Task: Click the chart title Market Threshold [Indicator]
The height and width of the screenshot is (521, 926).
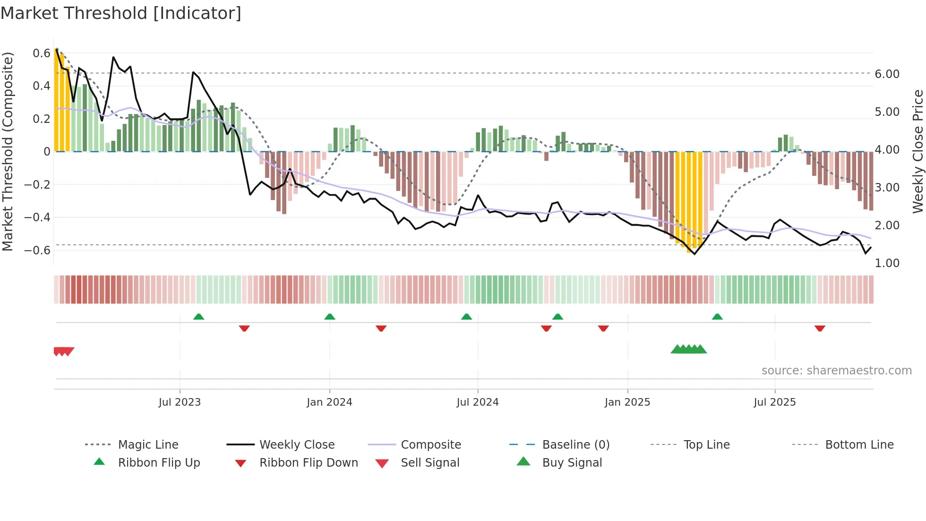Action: pos(121,13)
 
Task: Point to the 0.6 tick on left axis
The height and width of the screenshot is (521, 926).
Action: pos(42,53)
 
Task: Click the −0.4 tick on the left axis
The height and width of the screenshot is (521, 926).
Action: pos(38,217)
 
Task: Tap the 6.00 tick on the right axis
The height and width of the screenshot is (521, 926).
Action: pos(887,74)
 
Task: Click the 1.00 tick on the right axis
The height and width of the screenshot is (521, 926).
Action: pos(887,263)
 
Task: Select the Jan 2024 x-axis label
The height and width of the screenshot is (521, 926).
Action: pos(329,402)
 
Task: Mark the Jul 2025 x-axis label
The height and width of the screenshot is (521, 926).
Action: pos(774,402)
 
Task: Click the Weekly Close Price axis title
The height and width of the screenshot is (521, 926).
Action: pos(917,151)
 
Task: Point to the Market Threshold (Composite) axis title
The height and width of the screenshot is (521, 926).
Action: pos(8,151)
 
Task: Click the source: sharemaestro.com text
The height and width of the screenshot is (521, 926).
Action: pos(836,371)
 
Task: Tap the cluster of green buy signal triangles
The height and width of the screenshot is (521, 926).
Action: pos(688,349)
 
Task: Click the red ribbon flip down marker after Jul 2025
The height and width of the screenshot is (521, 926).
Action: pos(820,328)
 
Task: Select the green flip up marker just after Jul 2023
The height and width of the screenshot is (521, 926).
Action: pos(198,317)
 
